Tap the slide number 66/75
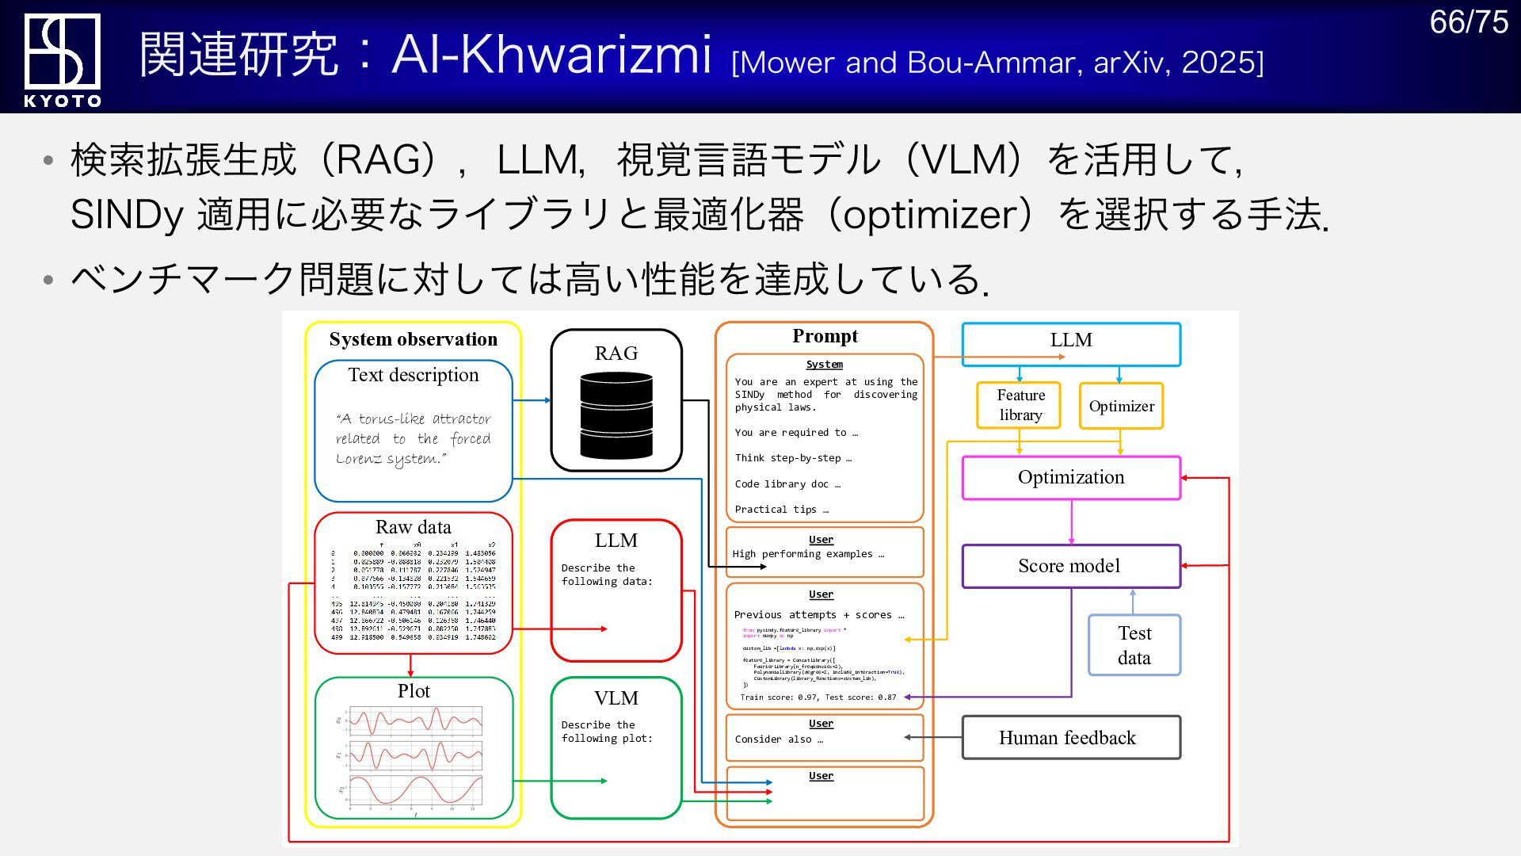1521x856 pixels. [1468, 22]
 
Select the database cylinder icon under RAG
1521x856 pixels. [616, 416]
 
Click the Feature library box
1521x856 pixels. [1019, 405]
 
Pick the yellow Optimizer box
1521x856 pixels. [1121, 407]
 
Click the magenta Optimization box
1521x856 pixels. [1071, 477]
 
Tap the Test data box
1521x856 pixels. [1134, 645]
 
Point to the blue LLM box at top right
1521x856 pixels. [1071, 341]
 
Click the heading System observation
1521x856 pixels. [414, 339]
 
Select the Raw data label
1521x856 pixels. [413, 527]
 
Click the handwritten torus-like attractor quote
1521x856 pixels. [413, 438]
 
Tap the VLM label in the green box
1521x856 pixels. [616, 698]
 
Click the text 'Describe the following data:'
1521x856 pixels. [606, 575]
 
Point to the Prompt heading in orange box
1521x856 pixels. [825, 336]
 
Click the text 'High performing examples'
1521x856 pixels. [807, 554]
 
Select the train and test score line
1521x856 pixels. [818, 697]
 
